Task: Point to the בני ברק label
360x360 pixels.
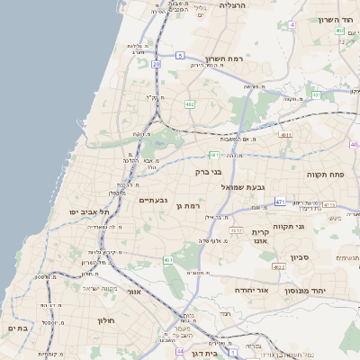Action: (x=208, y=171)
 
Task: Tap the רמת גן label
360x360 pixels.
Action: (x=186, y=206)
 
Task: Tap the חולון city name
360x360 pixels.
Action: (x=104, y=319)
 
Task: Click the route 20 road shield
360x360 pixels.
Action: (x=156, y=65)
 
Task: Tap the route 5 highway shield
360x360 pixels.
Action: (x=180, y=56)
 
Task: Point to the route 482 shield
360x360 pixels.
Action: (x=190, y=104)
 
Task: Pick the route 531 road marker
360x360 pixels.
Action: (x=315, y=94)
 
